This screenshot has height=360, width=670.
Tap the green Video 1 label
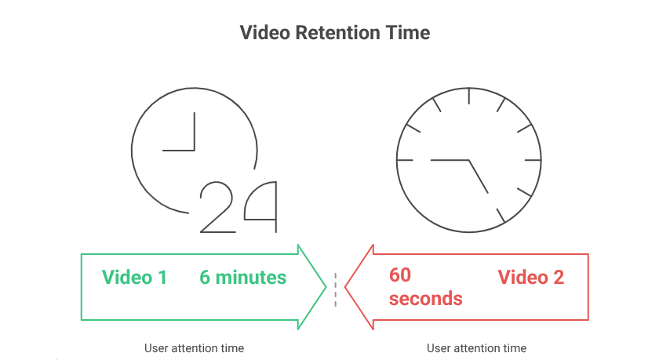point(134,277)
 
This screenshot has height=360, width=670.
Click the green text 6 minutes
point(243,277)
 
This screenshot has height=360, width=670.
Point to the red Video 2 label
point(531,277)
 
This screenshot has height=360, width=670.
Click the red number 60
point(401,275)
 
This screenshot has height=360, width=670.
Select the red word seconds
point(425,299)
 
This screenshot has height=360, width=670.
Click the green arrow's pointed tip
point(324,286)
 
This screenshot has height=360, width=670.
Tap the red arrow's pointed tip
point(347,286)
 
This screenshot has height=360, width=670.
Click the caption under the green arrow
point(194,347)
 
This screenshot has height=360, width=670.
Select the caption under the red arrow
point(476,347)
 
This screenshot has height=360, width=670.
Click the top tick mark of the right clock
point(468,96)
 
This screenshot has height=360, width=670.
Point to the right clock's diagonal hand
point(479,176)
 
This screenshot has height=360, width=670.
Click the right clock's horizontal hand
point(449,159)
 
